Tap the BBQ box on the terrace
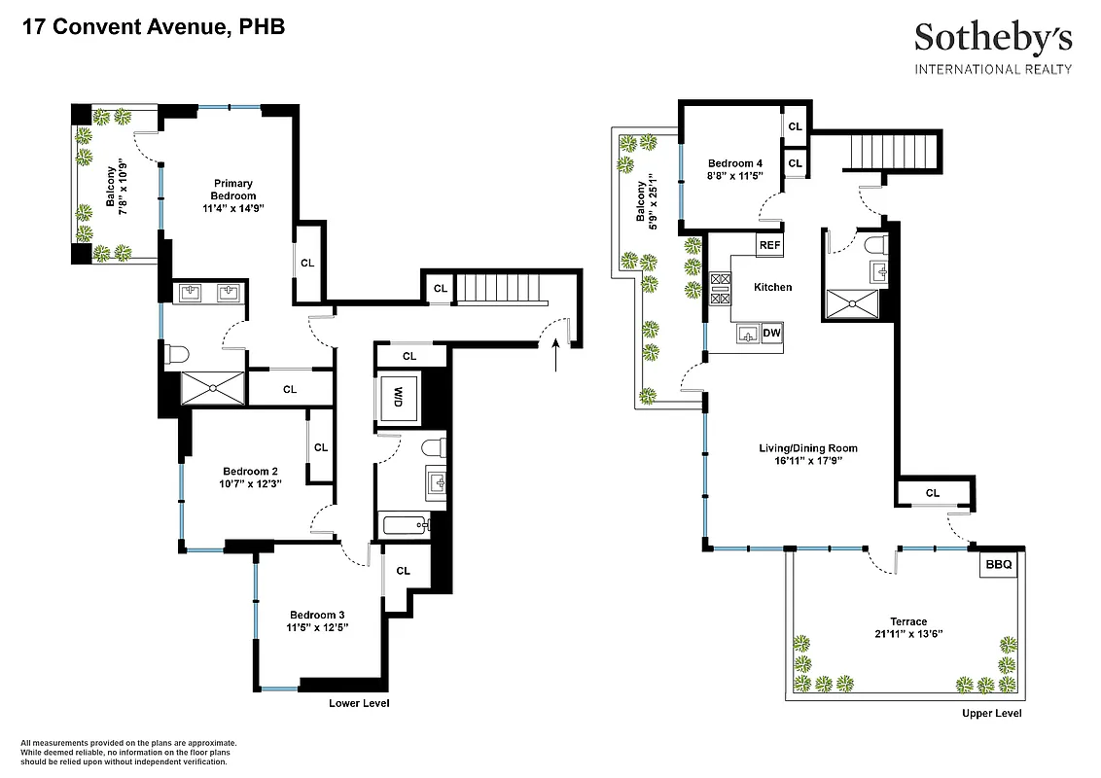tap(998, 564)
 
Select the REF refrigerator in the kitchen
tap(769, 245)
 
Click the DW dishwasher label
tap(771, 334)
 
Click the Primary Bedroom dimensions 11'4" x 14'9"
tap(234, 208)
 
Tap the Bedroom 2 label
tap(250, 471)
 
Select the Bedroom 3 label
tap(317, 615)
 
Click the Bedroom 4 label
tap(735, 162)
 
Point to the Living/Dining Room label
tap(808, 448)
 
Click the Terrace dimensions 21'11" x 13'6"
tap(907, 633)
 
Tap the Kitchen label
tap(773, 287)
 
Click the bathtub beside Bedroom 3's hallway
tap(405, 527)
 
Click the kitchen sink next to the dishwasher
tap(748, 335)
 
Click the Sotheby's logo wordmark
tap(993, 38)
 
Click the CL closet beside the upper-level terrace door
tap(933, 493)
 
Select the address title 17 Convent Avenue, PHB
tap(153, 26)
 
